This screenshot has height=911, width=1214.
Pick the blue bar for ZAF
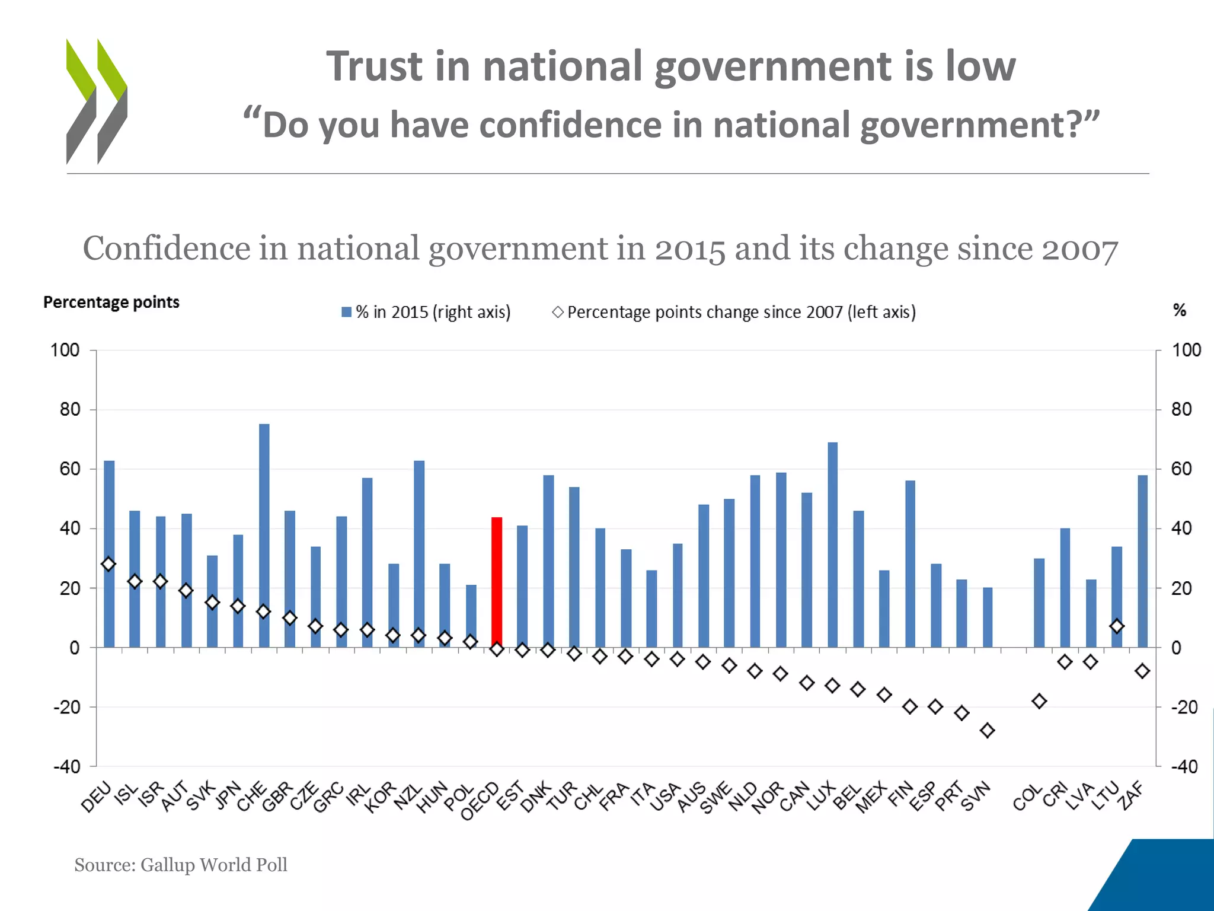click(x=1142, y=560)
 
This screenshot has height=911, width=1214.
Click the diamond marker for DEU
click(x=108, y=564)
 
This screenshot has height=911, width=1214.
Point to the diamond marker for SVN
click(x=988, y=731)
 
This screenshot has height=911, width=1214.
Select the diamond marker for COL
click(x=1039, y=701)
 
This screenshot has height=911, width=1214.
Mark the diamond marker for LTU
click(x=1117, y=626)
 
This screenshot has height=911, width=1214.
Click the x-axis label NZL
click(x=408, y=797)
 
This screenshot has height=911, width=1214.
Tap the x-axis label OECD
click(x=481, y=802)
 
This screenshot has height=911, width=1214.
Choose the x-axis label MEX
click(x=871, y=798)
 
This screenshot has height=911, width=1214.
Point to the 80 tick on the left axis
click(x=69, y=409)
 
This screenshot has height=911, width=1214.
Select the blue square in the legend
click(x=347, y=312)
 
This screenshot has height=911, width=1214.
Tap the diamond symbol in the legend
click(x=558, y=312)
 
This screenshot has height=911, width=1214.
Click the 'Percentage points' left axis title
click(x=111, y=302)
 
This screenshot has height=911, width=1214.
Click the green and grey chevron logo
click(x=97, y=101)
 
